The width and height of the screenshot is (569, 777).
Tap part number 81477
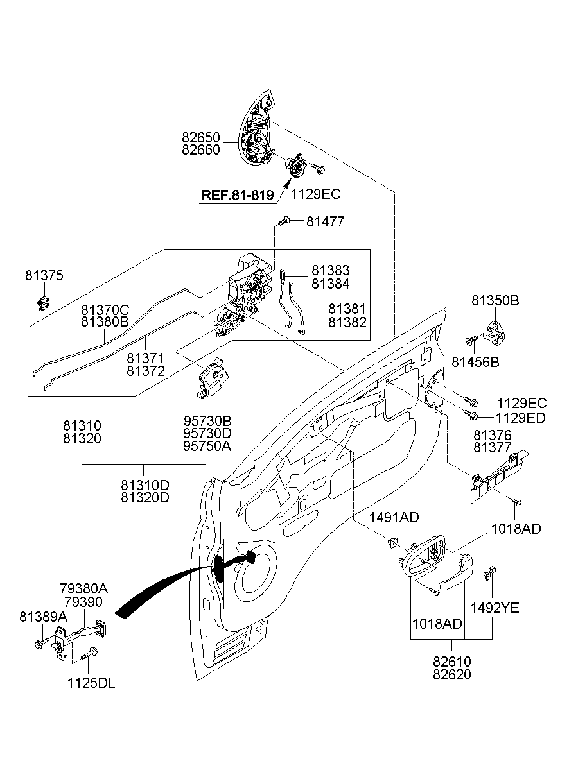(x=325, y=221)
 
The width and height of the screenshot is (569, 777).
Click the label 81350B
(x=495, y=300)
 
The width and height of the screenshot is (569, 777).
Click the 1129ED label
(x=521, y=418)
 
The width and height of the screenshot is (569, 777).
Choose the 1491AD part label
(x=394, y=518)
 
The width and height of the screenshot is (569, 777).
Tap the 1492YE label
(x=495, y=607)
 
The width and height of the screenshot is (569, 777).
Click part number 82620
(x=451, y=674)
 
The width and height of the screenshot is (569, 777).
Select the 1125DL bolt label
(x=91, y=684)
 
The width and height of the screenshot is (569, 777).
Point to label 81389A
(x=43, y=617)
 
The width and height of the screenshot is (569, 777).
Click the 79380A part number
(x=83, y=588)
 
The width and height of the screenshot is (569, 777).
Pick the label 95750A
(x=206, y=446)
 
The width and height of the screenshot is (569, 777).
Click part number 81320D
(x=144, y=497)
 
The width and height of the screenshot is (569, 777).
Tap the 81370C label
(x=105, y=309)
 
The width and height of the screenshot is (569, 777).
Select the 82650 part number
(x=200, y=138)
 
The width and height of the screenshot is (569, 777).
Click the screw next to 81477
(x=283, y=221)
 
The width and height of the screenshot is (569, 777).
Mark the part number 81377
(x=493, y=448)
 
